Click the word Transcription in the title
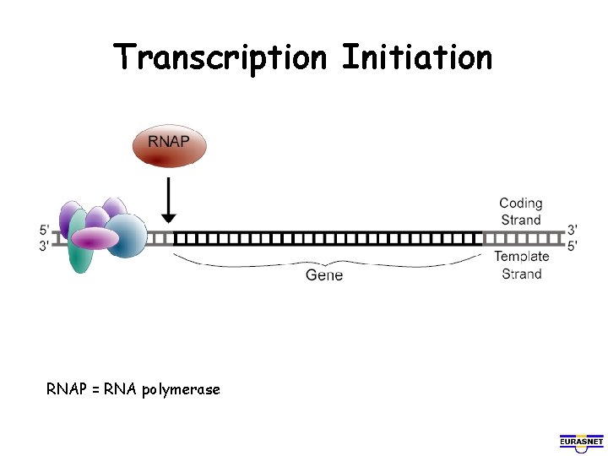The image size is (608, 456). [x=220, y=58]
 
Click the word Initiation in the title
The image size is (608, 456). [x=416, y=58]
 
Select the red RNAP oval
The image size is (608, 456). [x=169, y=144]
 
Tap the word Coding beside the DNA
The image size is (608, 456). [x=520, y=204]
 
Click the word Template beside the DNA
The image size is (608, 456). [x=521, y=257]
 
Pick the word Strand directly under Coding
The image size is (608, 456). [x=521, y=220]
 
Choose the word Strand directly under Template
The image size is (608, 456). [x=521, y=274]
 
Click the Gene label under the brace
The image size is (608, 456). [x=324, y=275]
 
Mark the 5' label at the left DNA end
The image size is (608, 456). [x=44, y=230]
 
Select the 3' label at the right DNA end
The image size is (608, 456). [x=573, y=230]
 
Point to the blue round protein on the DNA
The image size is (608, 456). [x=127, y=235]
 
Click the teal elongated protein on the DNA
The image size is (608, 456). [x=80, y=252]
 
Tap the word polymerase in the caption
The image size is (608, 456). [x=181, y=389]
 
